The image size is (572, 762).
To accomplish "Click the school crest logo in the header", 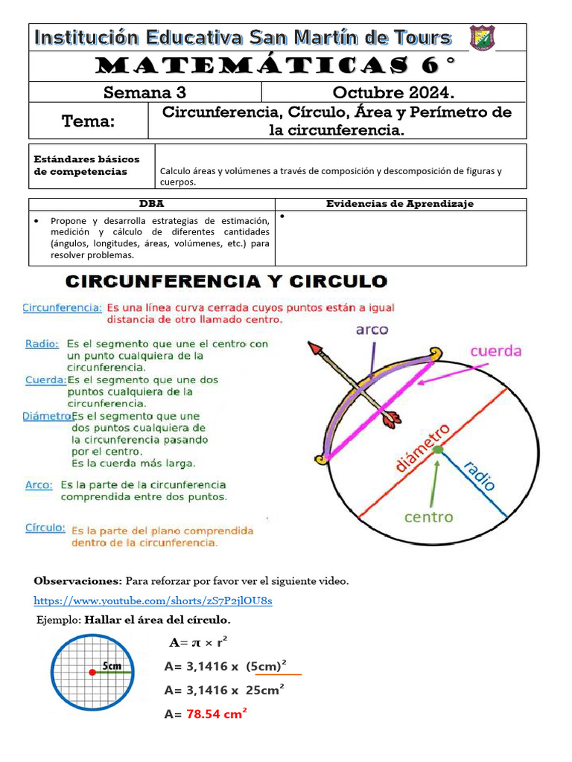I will tap(482, 38).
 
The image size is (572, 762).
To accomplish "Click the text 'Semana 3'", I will tap(144, 92).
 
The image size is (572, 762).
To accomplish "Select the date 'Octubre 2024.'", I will tap(393, 92).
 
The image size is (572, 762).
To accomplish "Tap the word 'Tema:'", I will tap(89, 121).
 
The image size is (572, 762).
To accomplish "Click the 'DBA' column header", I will tap(152, 204).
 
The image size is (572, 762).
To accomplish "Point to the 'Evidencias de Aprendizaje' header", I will tap(400, 204).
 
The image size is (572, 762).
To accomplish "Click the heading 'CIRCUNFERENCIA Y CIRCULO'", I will tap(226, 282).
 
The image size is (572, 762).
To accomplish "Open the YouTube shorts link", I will tap(153, 601).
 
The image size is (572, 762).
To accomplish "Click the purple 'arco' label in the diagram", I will tap(372, 330).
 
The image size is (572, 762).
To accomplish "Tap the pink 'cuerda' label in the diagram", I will tap(495, 350).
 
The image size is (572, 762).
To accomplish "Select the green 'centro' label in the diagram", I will tap(428, 516).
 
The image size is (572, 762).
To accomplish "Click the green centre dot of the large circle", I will tap(438, 449).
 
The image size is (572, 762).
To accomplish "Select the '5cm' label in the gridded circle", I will tap(112, 665).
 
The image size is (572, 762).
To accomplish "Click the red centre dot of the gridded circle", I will tap(92, 673).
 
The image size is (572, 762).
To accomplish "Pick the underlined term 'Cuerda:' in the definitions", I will tap(46, 380).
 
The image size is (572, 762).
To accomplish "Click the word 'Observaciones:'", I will tap(78, 580).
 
